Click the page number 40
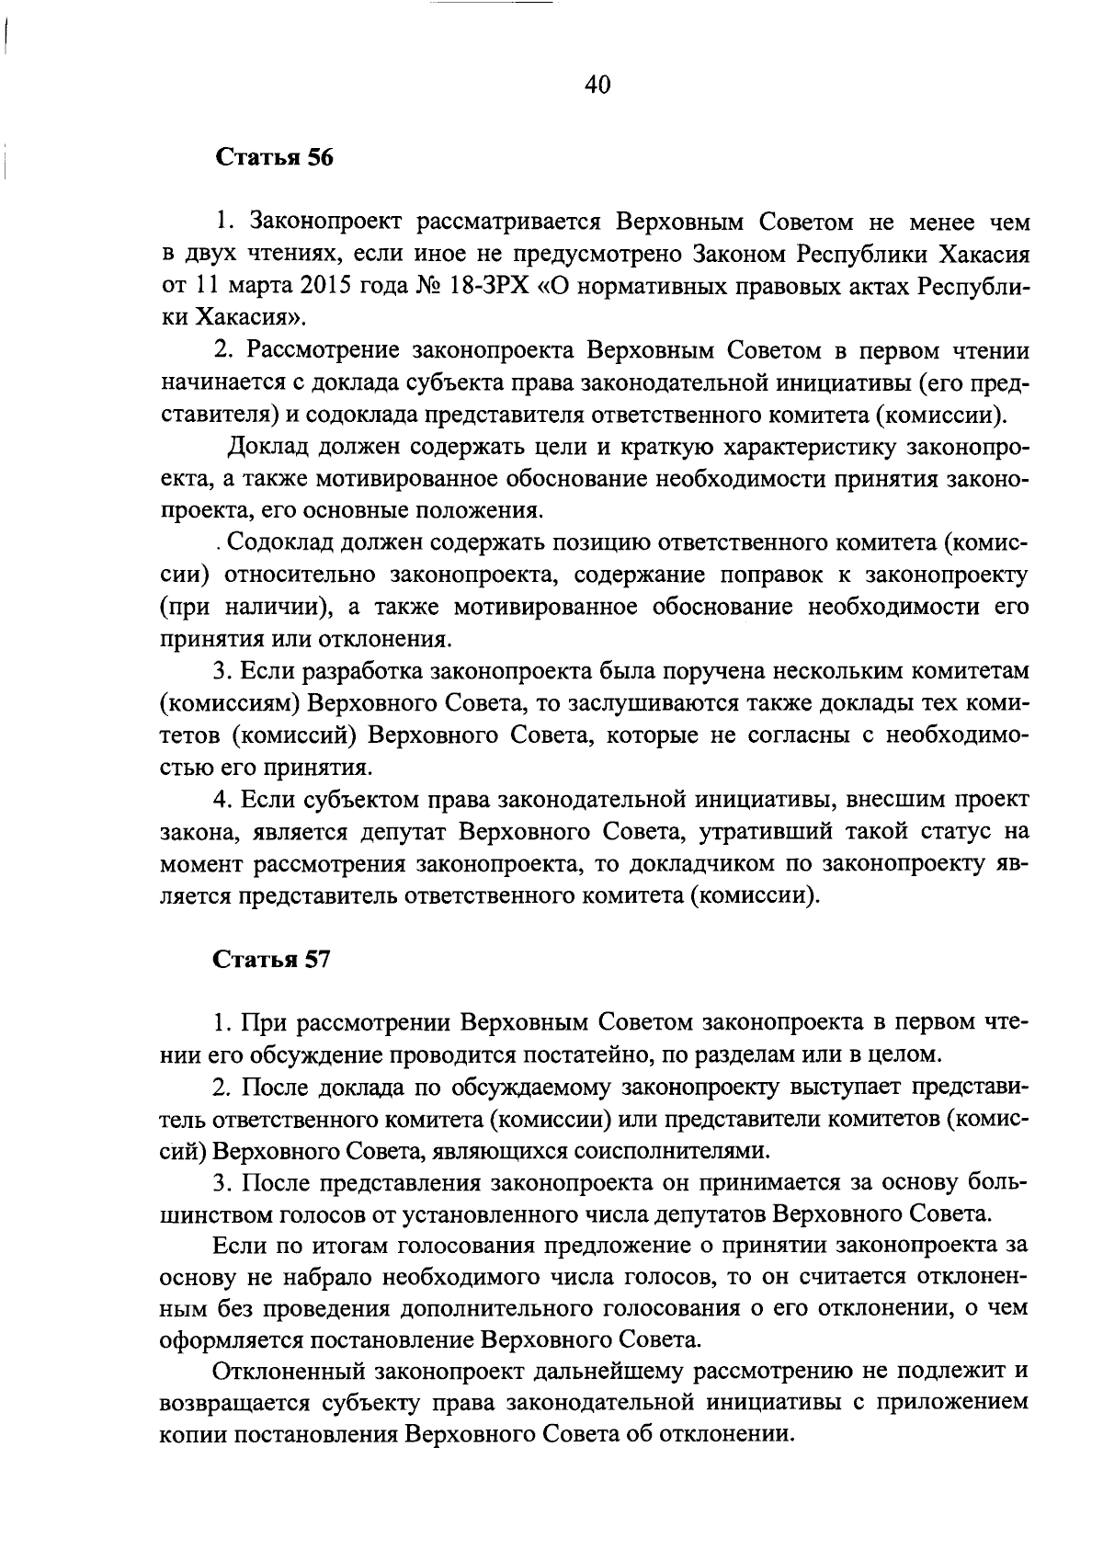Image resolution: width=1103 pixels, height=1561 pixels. pos(597,85)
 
